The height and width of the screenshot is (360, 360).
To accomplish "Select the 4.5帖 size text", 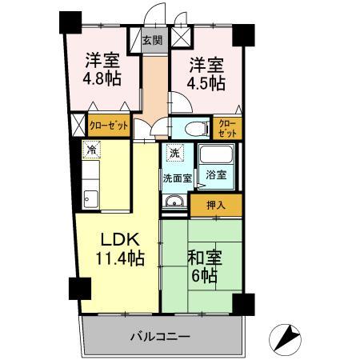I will point(206,82).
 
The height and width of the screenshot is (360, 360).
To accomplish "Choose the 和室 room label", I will point(204,258).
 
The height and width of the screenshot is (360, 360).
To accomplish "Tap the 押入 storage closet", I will point(215,205).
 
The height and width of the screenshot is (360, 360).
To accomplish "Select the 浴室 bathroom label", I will point(215,174).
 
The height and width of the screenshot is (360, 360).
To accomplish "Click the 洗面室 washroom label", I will point(177,178).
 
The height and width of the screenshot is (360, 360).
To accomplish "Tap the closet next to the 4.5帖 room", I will point(228,127).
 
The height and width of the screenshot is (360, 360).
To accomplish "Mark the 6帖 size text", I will point(204,276).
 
